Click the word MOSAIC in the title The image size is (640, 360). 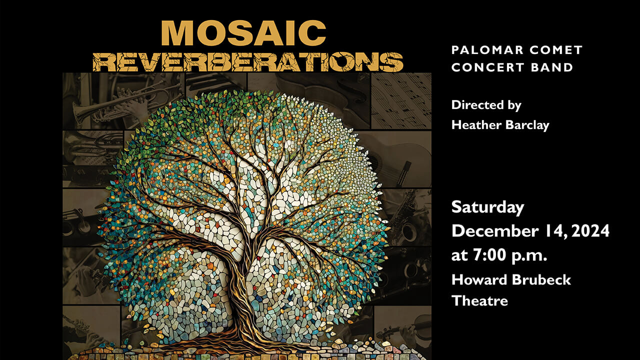(243, 33)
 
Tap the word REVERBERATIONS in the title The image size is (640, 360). (248, 61)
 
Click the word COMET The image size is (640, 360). (556, 50)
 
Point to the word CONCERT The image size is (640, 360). (487, 67)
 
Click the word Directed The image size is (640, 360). (477, 105)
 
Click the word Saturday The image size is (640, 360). (487, 207)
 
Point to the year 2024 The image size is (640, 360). (590, 231)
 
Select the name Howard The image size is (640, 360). (479, 279)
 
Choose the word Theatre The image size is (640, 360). (479, 301)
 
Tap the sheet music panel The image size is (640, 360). (401, 100)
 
